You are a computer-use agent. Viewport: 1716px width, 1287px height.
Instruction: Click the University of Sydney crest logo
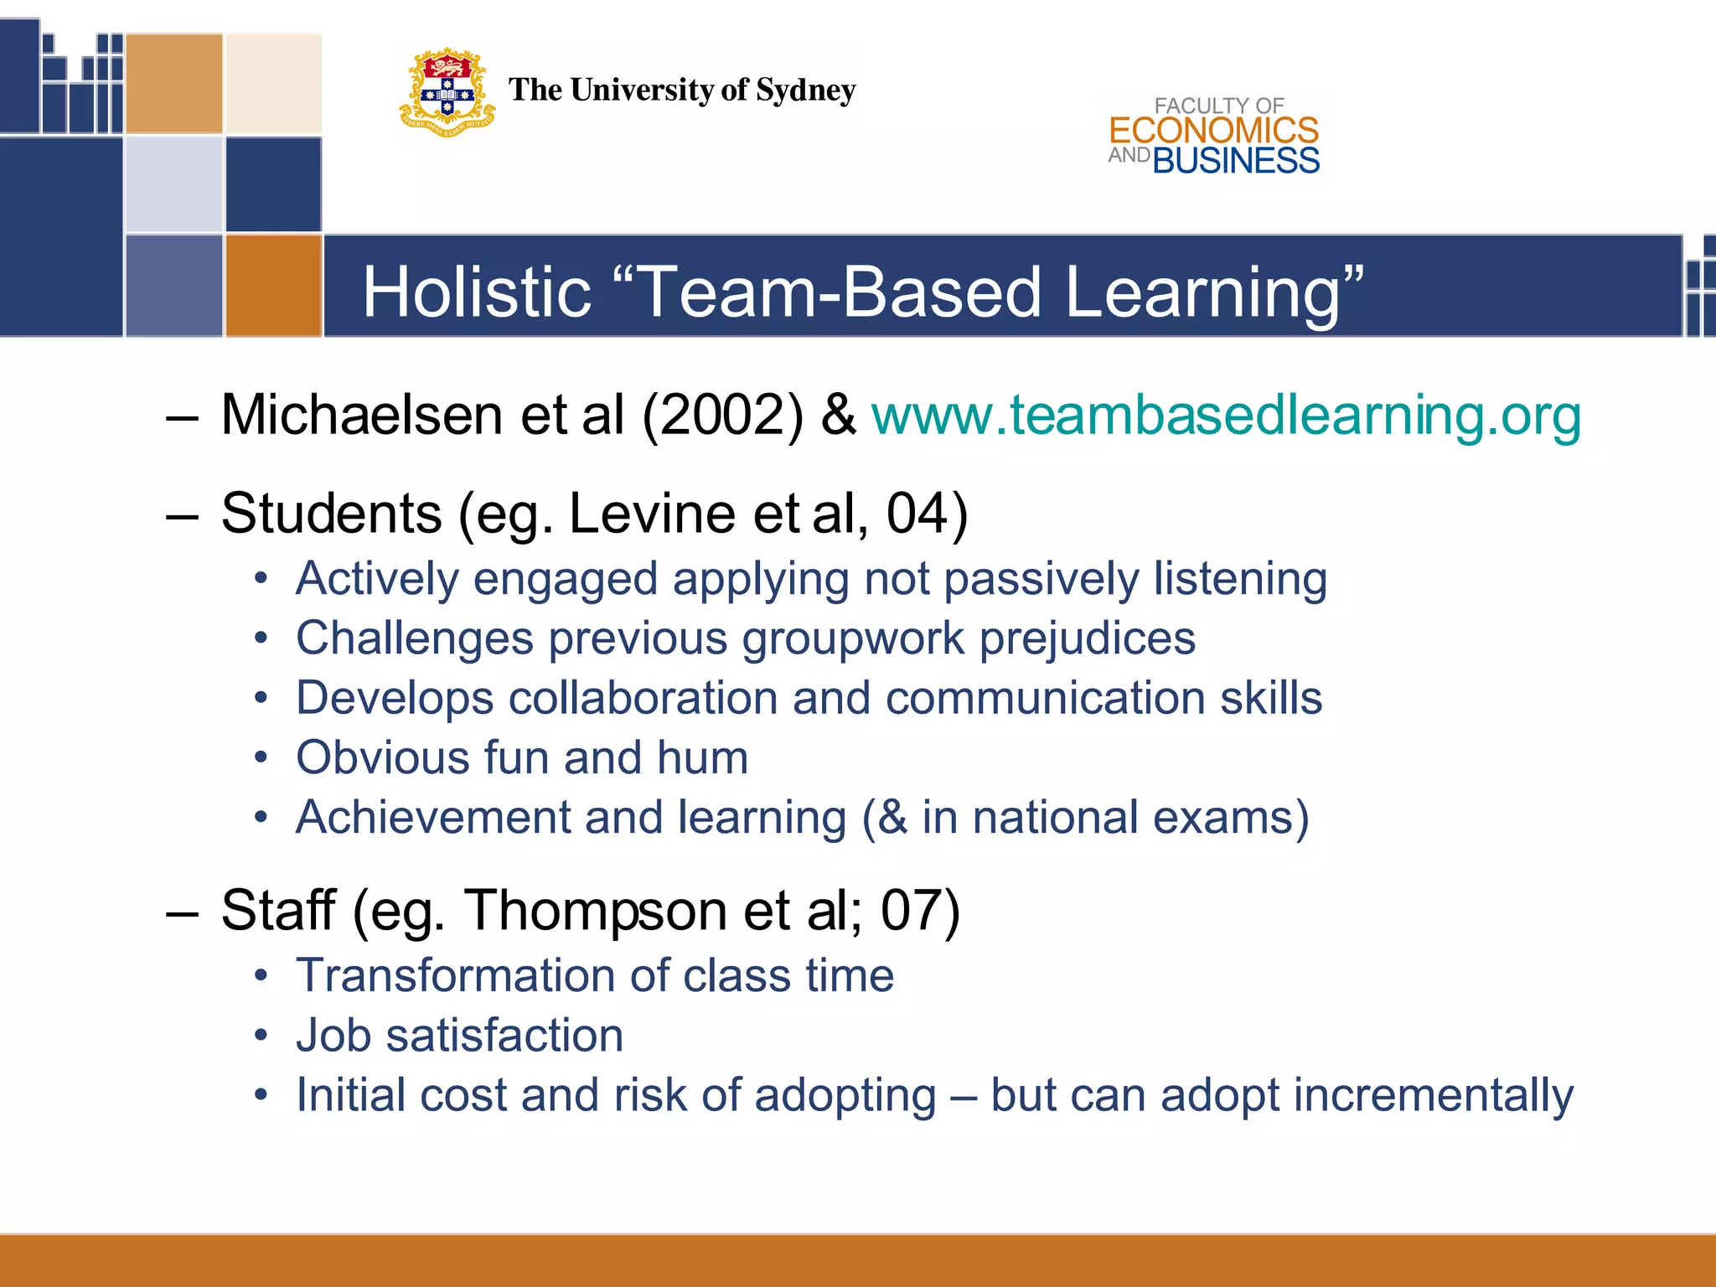point(447,93)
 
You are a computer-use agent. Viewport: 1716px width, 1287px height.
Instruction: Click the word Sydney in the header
point(805,90)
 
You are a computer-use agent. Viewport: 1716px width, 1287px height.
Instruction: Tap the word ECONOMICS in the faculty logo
point(1213,131)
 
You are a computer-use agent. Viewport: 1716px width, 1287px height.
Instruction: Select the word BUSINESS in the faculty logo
point(1236,161)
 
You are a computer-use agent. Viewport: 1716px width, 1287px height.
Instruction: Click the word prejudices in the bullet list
point(1087,638)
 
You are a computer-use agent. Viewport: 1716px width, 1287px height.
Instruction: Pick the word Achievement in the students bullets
point(432,817)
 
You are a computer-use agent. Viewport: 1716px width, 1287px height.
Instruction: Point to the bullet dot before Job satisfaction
point(261,1036)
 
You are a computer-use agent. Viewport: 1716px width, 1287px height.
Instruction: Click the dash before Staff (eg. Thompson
point(182,912)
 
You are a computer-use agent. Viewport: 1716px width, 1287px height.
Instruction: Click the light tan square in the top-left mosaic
point(273,83)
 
